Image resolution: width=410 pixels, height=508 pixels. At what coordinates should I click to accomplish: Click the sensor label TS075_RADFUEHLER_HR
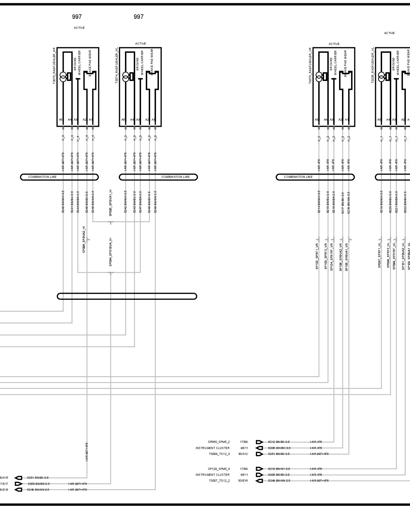[x=54, y=66]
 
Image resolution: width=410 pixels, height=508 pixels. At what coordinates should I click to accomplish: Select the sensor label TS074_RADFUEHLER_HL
[x=117, y=65]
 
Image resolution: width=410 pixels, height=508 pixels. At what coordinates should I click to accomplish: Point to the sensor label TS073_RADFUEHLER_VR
[x=310, y=66]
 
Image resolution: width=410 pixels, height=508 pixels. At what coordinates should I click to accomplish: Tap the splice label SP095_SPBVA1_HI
[x=111, y=203]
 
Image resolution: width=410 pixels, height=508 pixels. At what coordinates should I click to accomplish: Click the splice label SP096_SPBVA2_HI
[x=84, y=239]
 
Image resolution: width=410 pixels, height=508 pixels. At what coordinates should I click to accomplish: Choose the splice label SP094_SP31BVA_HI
[x=111, y=252]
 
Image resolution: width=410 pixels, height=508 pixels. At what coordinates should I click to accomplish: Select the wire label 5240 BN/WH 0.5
[x=63, y=202]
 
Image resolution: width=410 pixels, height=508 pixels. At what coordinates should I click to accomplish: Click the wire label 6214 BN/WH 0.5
[x=319, y=202]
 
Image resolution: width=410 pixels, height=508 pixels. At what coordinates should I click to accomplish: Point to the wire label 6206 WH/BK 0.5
[x=279, y=448]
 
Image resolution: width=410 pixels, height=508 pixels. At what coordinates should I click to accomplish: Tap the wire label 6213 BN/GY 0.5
[x=279, y=469]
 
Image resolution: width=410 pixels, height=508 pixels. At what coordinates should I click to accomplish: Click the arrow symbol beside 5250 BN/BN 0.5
[x=18, y=484]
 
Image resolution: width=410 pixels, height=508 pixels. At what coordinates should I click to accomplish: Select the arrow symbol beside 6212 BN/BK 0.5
[x=259, y=442]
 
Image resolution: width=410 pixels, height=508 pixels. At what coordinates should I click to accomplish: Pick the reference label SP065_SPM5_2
[x=219, y=442]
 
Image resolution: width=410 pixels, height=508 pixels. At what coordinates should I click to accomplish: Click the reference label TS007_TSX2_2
[x=219, y=481]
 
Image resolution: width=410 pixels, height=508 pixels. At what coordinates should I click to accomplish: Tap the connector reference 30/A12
[x=243, y=454]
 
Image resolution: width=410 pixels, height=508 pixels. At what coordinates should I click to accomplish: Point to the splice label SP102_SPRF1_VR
[x=317, y=256]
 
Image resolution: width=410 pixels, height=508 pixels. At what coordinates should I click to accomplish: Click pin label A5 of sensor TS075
[x=61, y=120]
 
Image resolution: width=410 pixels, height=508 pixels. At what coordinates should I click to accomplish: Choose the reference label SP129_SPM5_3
[x=219, y=469]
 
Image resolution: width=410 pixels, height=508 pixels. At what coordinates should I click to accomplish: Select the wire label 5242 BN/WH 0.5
[x=126, y=202]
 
